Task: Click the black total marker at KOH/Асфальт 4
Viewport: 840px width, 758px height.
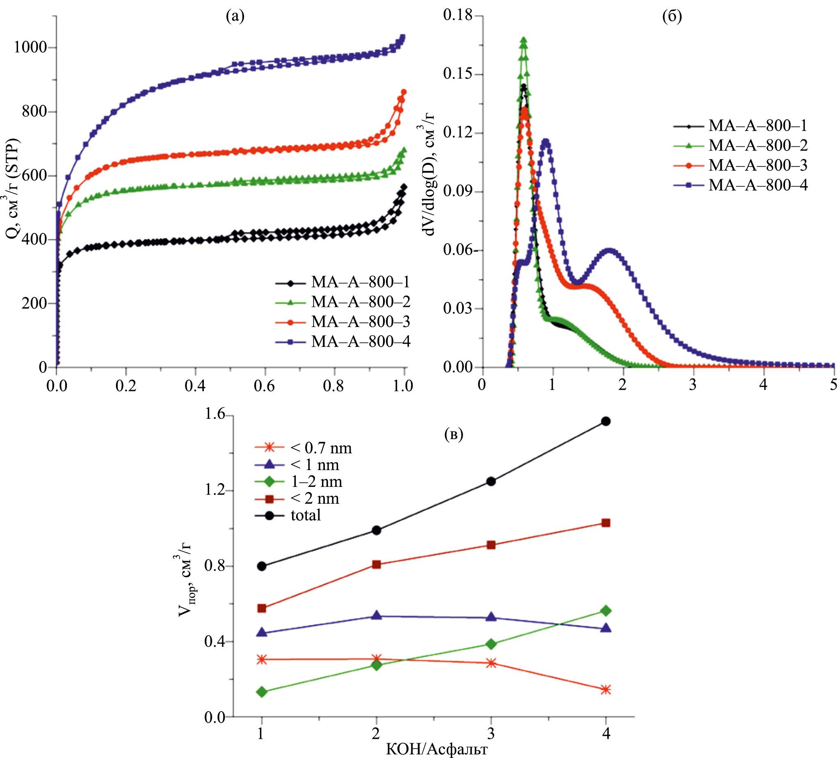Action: [x=606, y=422]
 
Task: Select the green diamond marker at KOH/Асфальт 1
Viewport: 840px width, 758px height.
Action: [x=262, y=692]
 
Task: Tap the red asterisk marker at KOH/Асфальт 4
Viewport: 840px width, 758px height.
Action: [x=606, y=690]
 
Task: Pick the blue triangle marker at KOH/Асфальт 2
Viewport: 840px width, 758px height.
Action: [x=377, y=616]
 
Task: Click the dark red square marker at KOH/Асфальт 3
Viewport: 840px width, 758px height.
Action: [x=491, y=545]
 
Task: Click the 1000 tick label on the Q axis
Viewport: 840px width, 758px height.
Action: [x=30, y=47]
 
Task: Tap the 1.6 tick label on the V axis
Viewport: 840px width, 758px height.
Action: [x=214, y=414]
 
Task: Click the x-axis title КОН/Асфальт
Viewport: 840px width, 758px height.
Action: [x=436, y=749]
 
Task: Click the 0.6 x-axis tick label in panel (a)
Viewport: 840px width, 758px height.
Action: [x=265, y=386]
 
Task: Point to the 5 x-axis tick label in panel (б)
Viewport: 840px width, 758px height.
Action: [x=833, y=384]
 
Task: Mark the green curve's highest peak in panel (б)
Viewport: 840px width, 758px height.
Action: [x=524, y=39]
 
